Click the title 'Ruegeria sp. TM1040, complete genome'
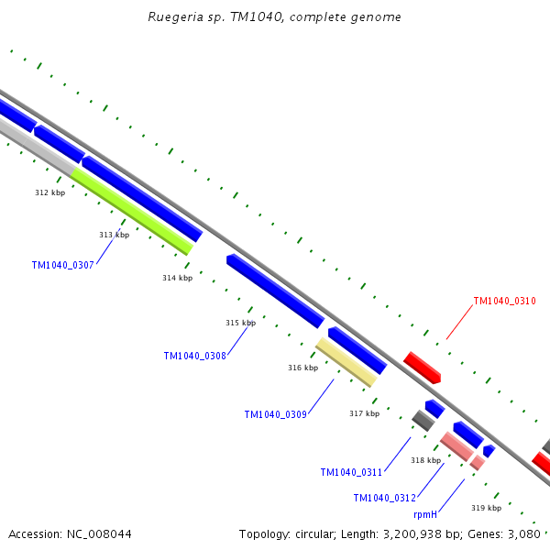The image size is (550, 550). [x=274, y=16]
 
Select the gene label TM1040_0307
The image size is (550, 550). [x=62, y=265]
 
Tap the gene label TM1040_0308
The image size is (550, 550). [x=195, y=356]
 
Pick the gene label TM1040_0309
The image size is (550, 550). [x=276, y=414]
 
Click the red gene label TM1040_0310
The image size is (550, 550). [x=505, y=301]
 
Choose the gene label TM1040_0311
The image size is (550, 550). [x=351, y=472]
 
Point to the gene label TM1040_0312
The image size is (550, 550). [x=385, y=498]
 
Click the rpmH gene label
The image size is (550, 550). [x=425, y=514]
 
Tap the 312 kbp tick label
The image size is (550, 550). [x=50, y=192]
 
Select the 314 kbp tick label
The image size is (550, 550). [x=178, y=278]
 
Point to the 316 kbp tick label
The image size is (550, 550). [x=303, y=368]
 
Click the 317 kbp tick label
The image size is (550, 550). [x=365, y=413]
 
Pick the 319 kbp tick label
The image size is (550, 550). [x=486, y=508]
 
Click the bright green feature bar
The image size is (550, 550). [x=132, y=212]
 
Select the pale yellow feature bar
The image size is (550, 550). [x=346, y=362]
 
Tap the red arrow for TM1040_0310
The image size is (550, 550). [x=422, y=368]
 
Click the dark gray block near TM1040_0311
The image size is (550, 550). [x=423, y=421]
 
